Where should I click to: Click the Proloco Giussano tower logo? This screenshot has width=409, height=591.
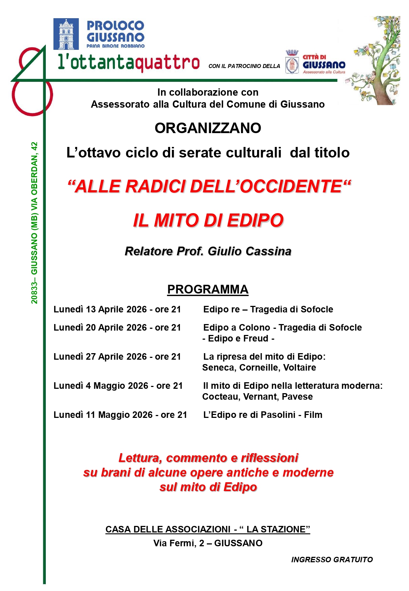[66, 34]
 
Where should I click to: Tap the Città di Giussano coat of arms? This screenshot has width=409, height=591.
[292, 62]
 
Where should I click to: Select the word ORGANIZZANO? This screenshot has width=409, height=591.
[208, 128]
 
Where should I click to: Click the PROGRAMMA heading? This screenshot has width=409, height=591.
[208, 289]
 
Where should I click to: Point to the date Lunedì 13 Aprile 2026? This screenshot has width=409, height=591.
[100, 310]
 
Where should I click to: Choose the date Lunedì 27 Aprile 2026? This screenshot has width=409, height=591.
[100, 357]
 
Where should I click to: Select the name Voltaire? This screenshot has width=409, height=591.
[300, 368]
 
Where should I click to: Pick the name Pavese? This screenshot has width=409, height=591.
[297, 397]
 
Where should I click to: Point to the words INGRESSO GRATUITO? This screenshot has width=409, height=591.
[332, 560]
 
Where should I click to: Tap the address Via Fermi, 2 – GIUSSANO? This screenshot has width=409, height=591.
[208, 543]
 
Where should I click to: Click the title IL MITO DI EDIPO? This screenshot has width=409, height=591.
[208, 220]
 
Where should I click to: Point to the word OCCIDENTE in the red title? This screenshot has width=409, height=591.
[290, 187]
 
